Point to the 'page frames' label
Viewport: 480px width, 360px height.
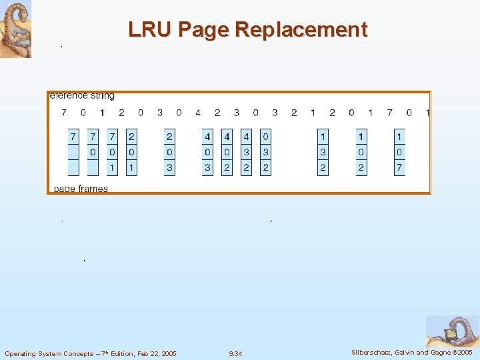click(81, 189)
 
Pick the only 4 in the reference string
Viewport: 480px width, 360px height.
click(197, 113)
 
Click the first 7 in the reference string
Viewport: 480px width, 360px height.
click(64, 113)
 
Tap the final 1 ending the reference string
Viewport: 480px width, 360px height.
click(427, 113)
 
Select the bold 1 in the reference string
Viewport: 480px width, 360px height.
click(102, 113)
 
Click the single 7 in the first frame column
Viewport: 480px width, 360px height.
click(73, 137)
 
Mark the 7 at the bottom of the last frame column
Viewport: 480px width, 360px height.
click(399, 167)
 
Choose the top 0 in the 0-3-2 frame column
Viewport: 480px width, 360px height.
click(265, 137)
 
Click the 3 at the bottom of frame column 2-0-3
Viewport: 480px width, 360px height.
click(169, 167)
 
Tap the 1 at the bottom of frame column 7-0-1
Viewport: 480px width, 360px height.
click(112, 167)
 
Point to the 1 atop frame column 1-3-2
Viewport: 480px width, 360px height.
click(323, 137)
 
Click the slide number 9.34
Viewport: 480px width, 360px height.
click(235, 353)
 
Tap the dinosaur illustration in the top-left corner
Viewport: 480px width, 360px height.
click(15, 29)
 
